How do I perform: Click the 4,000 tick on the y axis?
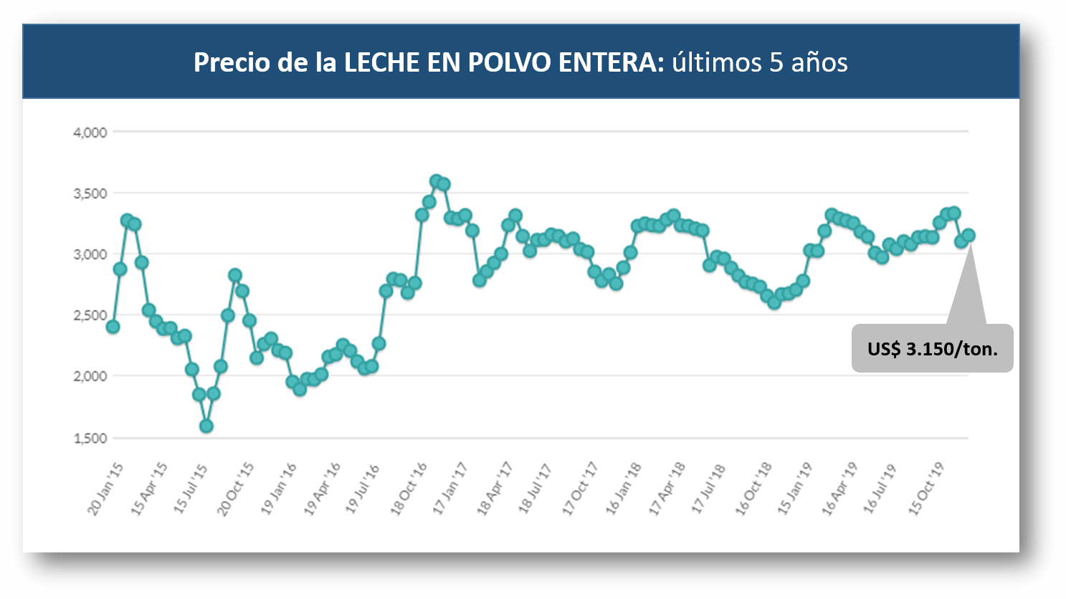point(90,133)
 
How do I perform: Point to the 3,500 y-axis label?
point(90,193)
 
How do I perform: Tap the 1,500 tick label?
point(90,439)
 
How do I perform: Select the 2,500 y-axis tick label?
point(90,316)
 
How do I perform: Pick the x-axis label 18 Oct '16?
point(408,489)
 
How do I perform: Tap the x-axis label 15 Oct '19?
point(926,489)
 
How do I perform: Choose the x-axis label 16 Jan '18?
point(623,489)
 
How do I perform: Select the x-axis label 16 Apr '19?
point(839,489)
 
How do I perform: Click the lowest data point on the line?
point(206,426)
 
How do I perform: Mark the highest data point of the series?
point(436,181)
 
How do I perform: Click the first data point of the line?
point(113,327)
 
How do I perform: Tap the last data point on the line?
point(969,235)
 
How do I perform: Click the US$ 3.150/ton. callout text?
point(932,349)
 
